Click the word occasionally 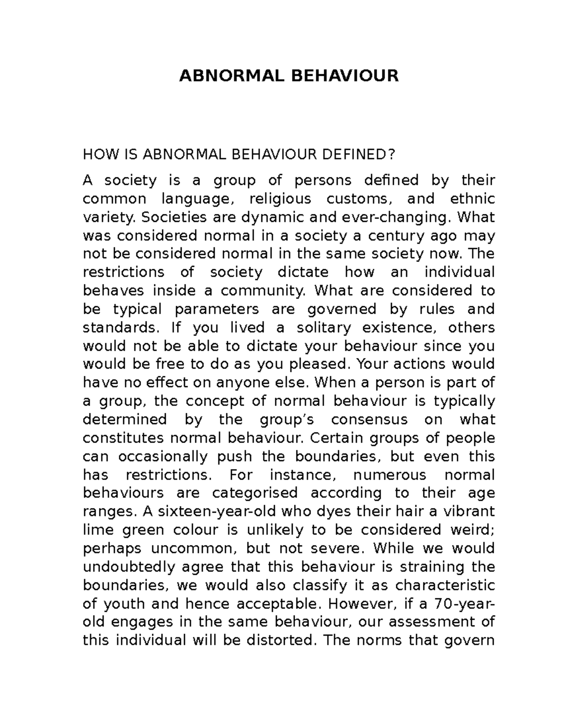click(163, 456)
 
